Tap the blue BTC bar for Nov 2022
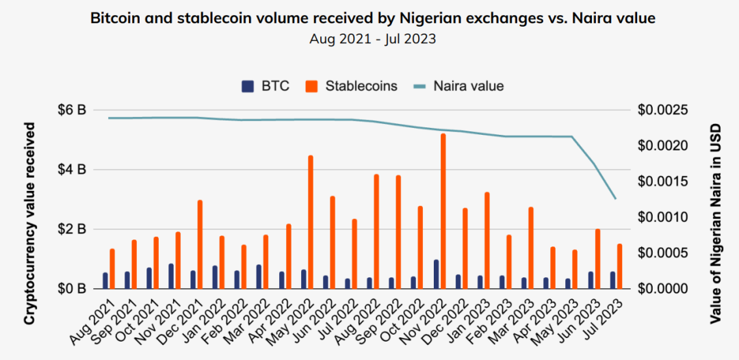pos(436,274)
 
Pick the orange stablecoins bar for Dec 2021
pos(200,244)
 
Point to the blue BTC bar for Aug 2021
pos(105,281)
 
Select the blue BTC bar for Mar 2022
pos(259,277)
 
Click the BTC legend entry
pos(265,86)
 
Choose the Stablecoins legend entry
pos(351,86)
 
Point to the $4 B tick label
pos(70,169)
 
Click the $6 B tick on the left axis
pos(70,110)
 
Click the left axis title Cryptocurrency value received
pos(29,223)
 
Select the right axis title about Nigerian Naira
pos(715,222)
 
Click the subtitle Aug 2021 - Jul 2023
pos(373,39)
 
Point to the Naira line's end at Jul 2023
pos(616,198)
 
